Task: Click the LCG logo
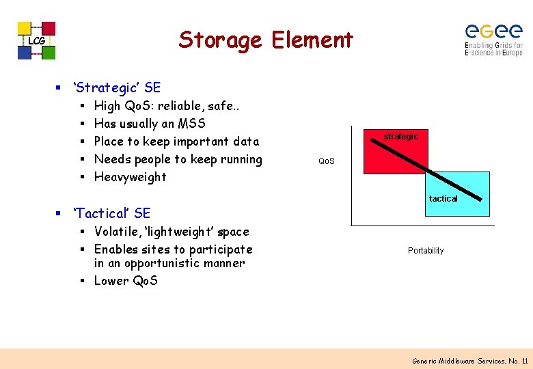pos(36,40)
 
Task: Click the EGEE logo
pos(493,40)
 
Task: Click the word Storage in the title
pos(220,40)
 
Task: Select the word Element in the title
pos(312,40)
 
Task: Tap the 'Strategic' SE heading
pos(117,87)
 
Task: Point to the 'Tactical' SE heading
pos(112,213)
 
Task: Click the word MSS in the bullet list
pos(191,124)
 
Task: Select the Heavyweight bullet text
pos(130,177)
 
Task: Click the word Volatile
pos(118,232)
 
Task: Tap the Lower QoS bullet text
pos(126,281)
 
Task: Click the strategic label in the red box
pos(400,137)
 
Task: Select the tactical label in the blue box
pos(443,198)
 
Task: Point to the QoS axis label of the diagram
pos(327,162)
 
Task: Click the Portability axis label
pos(426,251)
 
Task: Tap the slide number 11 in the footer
pos(524,360)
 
